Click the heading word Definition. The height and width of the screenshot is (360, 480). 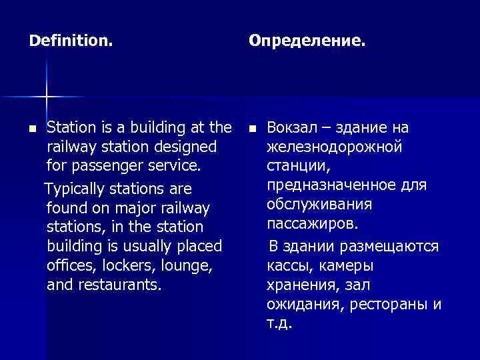(x=71, y=41)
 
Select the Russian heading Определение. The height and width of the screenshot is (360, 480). (x=307, y=41)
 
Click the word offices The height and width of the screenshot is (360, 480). (x=71, y=265)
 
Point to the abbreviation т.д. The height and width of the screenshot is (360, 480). (x=279, y=324)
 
